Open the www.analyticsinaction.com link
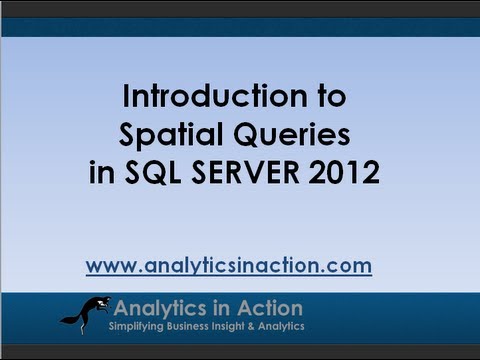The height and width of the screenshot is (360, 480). [x=228, y=266]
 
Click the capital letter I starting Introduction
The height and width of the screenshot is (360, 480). [x=126, y=97]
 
